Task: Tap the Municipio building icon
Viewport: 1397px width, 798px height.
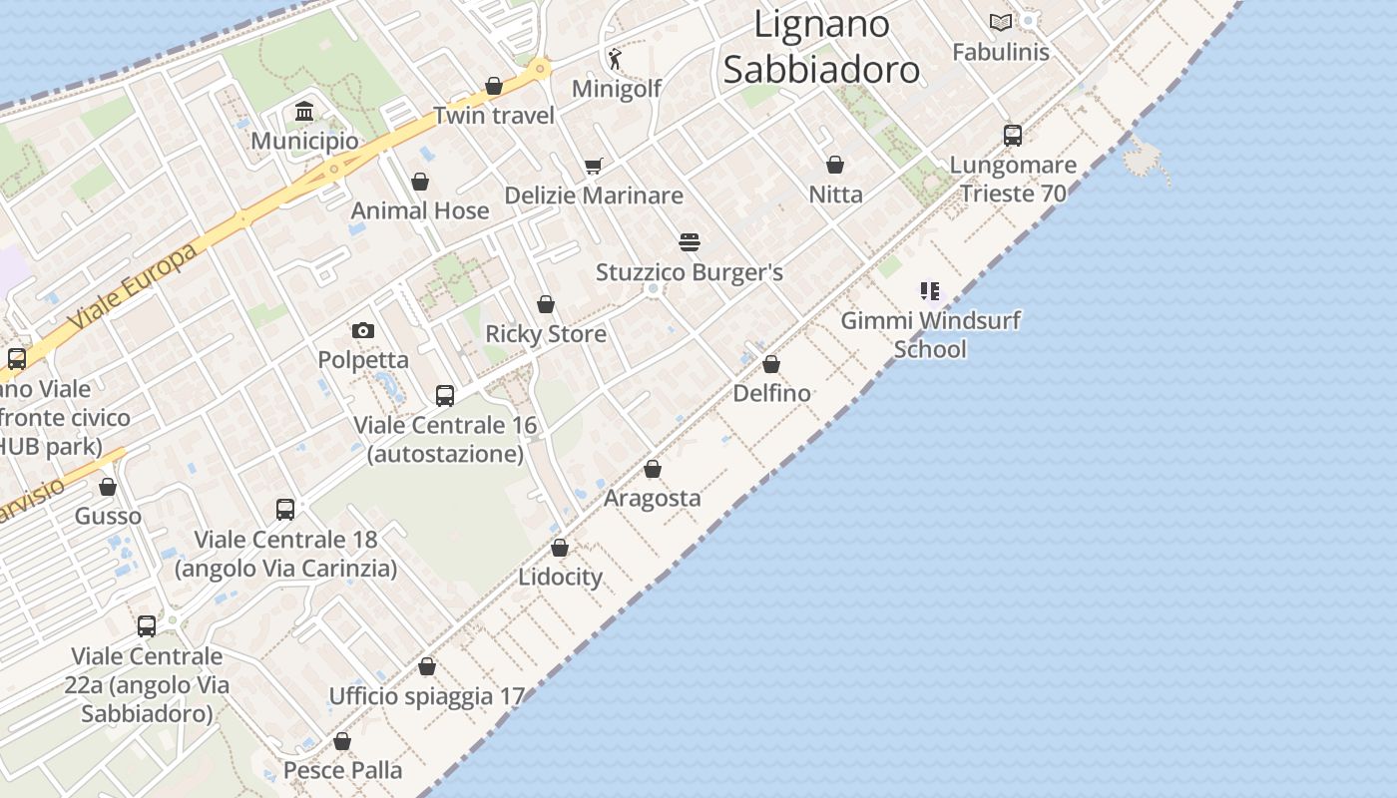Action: tap(304, 111)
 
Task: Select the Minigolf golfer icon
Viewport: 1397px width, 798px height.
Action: tap(615, 59)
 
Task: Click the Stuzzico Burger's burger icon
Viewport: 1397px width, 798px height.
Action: tap(689, 242)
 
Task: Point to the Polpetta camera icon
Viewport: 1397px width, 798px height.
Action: tap(363, 330)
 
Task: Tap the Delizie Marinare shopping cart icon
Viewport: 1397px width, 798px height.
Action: tap(594, 166)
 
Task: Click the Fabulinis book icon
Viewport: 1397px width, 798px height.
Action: tap(1000, 22)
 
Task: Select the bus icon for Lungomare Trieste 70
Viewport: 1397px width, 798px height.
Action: tap(1013, 136)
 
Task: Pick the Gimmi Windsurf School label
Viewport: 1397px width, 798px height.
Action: tap(930, 335)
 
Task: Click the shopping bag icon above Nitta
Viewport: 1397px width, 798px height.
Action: tap(835, 165)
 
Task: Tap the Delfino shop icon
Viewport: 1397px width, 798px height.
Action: tap(771, 364)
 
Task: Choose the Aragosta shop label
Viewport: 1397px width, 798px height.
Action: tap(653, 498)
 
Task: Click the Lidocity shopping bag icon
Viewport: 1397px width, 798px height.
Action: tap(560, 548)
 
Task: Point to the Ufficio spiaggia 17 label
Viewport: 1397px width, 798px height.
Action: tap(426, 696)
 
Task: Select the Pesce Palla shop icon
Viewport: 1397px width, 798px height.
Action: tap(342, 741)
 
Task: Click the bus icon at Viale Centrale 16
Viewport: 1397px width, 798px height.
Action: tap(445, 396)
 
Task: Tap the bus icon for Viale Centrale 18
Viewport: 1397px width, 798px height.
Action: tap(285, 510)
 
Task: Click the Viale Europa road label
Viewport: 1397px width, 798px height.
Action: tap(134, 289)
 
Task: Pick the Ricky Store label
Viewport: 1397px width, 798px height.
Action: tap(546, 334)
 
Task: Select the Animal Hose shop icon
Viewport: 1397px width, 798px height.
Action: tap(420, 182)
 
